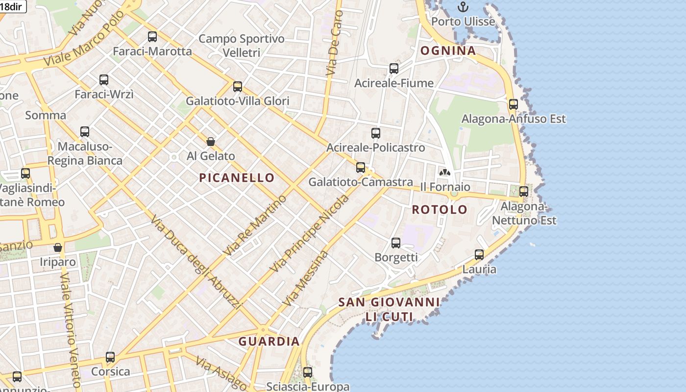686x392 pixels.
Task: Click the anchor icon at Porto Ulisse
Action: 463,7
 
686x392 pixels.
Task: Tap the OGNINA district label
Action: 448,50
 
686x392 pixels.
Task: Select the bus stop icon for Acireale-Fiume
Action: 394,69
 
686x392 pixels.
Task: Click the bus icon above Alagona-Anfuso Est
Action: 513,104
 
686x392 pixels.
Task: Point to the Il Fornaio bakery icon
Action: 444,172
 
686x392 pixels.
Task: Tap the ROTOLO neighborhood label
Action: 440,210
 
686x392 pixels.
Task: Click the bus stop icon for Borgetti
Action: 396,243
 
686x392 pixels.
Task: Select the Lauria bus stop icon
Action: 479,255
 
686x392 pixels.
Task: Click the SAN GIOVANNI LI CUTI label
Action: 389,309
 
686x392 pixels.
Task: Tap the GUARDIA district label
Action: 269,342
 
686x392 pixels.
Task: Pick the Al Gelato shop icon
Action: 211,142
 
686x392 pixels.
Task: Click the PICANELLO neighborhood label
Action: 236,178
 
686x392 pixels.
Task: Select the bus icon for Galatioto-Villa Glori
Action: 238,87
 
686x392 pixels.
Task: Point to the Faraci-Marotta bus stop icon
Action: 152,36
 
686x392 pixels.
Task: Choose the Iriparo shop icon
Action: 58,247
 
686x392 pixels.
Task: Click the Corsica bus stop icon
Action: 110,357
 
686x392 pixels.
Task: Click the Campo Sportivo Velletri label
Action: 241,46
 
